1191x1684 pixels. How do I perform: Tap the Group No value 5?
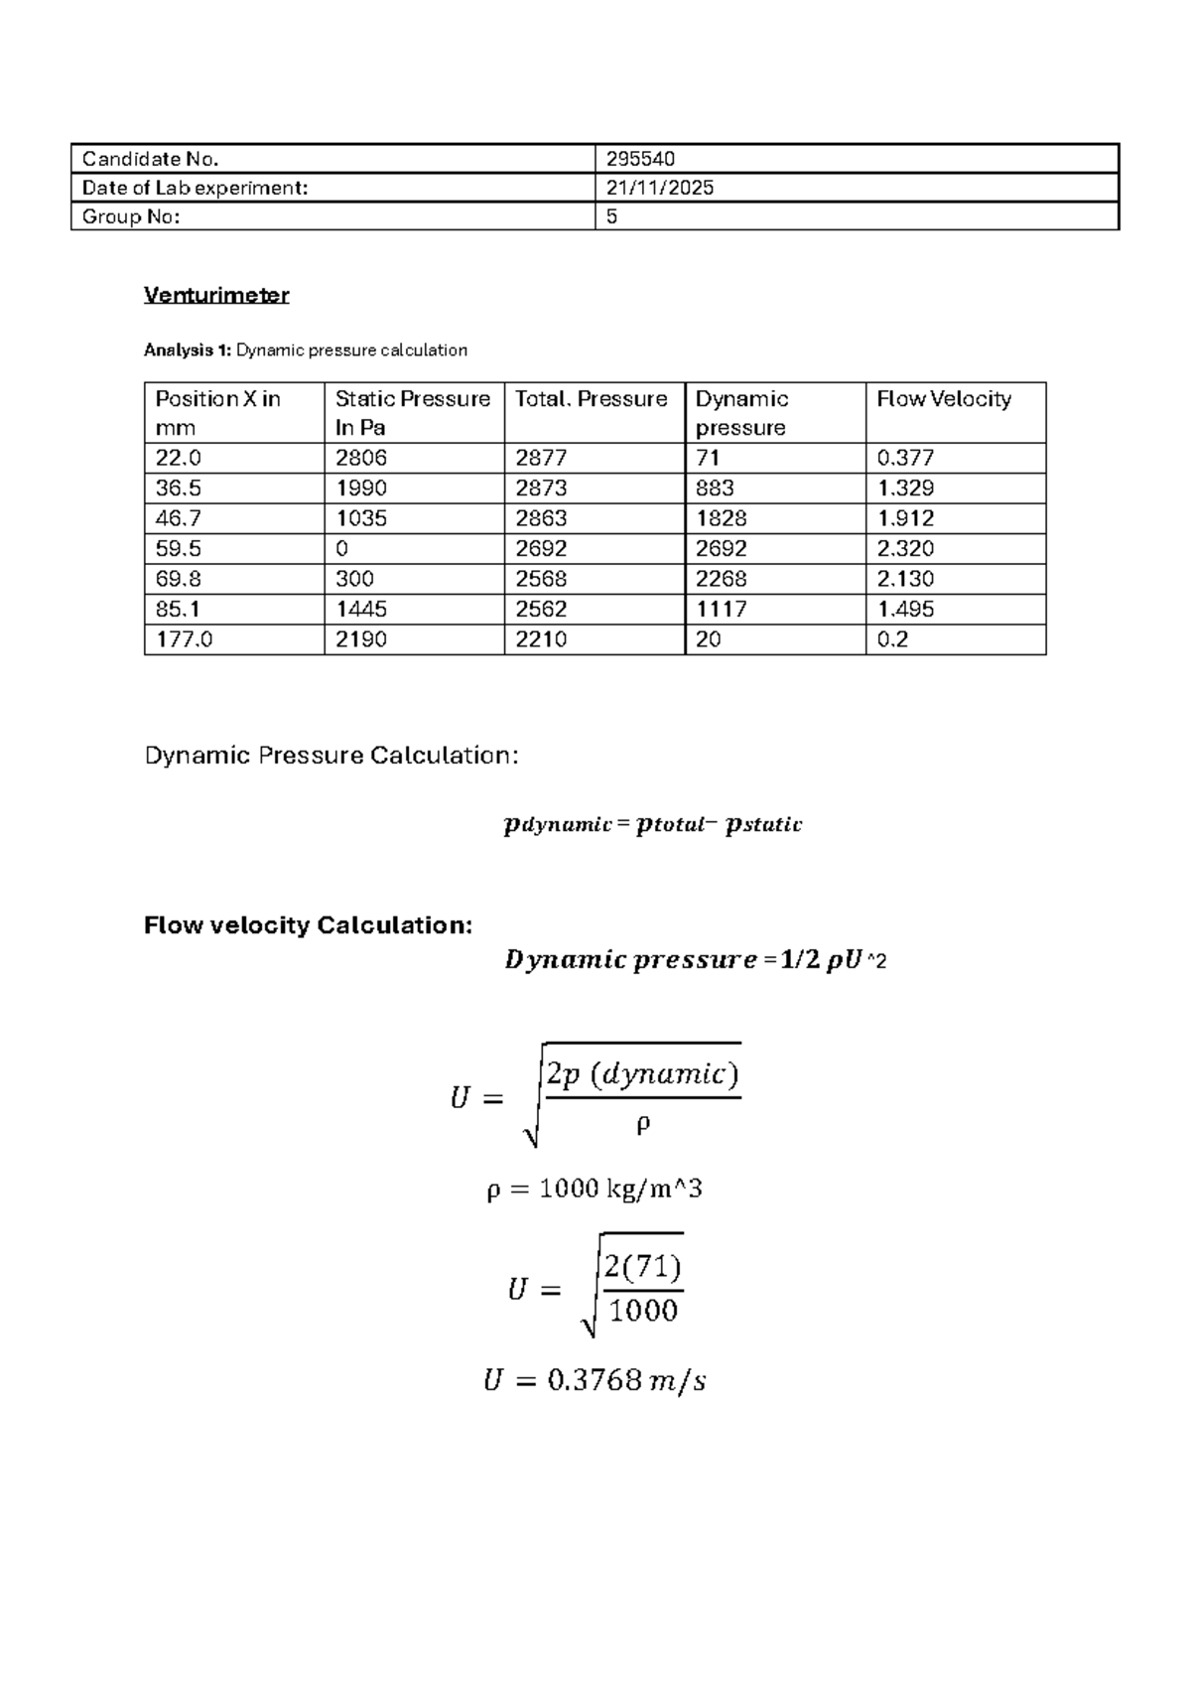(x=611, y=216)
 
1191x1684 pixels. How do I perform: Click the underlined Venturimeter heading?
(x=216, y=295)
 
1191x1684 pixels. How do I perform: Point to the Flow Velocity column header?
(x=943, y=399)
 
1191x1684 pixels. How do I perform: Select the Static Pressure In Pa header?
(x=412, y=412)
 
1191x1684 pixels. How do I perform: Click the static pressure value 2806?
(x=361, y=458)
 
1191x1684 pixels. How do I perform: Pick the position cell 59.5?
(x=178, y=548)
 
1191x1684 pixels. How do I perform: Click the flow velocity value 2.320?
(x=905, y=548)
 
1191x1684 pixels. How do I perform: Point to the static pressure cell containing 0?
(x=342, y=548)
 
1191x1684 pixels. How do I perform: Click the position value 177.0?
(x=184, y=639)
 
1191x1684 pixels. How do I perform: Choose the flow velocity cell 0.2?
(x=892, y=639)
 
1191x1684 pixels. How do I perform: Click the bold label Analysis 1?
(x=188, y=351)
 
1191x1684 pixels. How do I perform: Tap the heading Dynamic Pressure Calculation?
(x=331, y=756)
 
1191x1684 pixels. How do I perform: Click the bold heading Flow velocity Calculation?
(x=308, y=925)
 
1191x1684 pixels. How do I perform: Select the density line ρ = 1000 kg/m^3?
(x=594, y=1189)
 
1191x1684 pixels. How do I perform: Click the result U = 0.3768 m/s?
(x=594, y=1380)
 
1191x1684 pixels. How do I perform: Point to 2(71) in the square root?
(x=642, y=1266)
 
